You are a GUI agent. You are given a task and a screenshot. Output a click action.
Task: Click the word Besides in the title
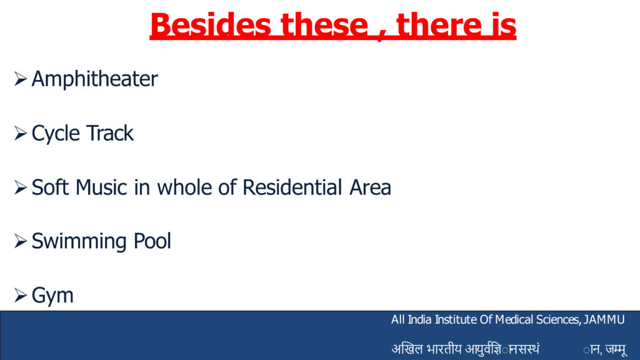coord(211,25)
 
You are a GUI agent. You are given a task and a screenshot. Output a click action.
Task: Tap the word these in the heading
coord(324,25)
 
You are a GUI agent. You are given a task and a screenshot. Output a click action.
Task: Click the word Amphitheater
coord(95,79)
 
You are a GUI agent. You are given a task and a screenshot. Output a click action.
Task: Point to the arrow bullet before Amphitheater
coord(21,79)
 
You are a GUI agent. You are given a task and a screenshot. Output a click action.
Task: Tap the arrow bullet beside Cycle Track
coord(21,133)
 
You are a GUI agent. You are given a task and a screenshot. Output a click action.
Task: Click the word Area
coord(370,187)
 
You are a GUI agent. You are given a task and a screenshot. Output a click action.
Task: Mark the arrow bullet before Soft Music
coord(21,187)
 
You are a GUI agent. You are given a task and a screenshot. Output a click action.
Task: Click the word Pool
coord(152,241)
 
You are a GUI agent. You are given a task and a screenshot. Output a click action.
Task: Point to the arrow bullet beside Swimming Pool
coord(21,241)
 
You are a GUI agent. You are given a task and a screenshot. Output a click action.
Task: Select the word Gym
coord(52,296)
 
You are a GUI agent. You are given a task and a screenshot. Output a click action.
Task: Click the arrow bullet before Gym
coord(21,295)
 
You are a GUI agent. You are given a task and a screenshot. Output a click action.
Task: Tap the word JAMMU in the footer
coord(604,319)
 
